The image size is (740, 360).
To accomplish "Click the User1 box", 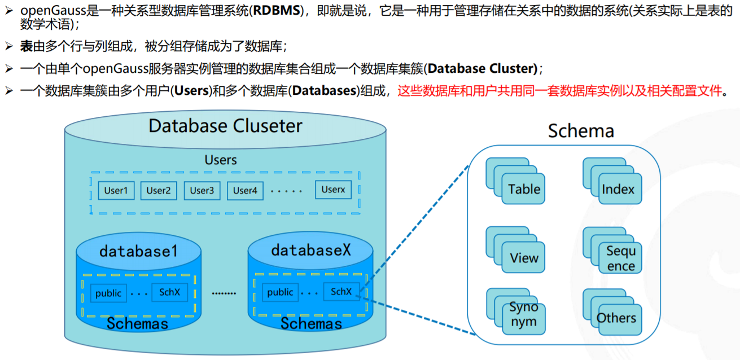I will (116, 191).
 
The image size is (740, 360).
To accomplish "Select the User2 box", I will (159, 191).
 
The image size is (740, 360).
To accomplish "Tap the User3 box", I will (202, 191).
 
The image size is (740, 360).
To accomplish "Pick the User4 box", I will (245, 191).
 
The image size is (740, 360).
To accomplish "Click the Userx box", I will (333, 190).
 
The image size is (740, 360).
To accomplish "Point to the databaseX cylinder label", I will (311, 249).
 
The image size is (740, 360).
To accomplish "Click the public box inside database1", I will (108, 293).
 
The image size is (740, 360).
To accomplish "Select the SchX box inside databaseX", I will (341, 292).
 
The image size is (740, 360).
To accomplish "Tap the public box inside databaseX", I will (281, 292).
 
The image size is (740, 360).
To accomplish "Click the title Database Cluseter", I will (225, 125).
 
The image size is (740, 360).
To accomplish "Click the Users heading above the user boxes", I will (221, 160).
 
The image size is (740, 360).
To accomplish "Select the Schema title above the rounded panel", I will (581, 131).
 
